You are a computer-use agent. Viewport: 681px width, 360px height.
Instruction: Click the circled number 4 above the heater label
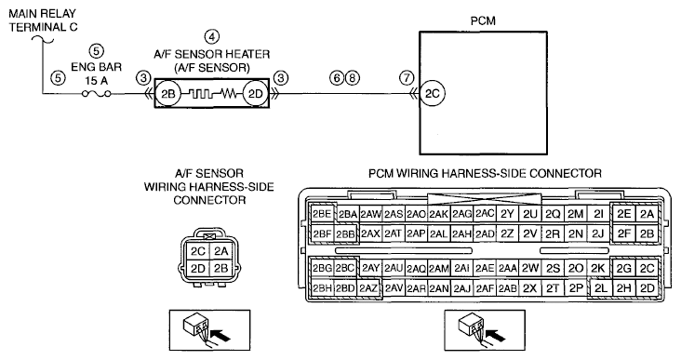coord(212,37)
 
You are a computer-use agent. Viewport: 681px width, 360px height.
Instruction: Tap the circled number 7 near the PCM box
coord(407,78)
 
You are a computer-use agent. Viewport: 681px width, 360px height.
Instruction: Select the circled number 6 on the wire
coord(337,78)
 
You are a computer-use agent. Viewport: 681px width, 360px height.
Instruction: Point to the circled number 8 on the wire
coord(353,78)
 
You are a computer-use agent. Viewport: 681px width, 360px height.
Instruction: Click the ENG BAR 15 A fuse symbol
coord(97,93)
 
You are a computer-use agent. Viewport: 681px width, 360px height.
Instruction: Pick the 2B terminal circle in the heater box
coord(168,93)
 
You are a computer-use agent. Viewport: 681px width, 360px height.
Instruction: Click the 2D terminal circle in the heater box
coord(255,93)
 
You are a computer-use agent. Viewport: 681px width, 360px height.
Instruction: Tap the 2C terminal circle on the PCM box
coord(433,93)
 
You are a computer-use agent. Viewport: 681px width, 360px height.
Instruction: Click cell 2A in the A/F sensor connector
coord(221,251)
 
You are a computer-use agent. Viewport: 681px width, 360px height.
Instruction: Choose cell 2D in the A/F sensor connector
coord(198,268)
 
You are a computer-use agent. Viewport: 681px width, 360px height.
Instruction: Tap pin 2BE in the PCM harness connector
coord(322,214)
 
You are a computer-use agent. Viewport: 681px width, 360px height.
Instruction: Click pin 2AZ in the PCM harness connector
coord(368,288)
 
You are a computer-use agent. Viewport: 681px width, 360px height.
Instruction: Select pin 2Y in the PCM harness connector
coord(507,214)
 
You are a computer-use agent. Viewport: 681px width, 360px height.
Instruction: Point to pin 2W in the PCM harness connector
coord(530,268)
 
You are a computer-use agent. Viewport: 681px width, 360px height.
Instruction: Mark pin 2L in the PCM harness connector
coord(600,288)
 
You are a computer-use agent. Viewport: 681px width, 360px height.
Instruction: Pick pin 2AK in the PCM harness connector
coord(439,214)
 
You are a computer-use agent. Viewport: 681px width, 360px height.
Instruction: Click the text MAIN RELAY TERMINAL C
coord(43,20)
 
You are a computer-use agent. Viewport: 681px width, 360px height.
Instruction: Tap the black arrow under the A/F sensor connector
coord(220,335)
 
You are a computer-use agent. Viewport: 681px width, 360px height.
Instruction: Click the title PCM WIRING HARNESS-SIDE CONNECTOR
coord(485,174)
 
